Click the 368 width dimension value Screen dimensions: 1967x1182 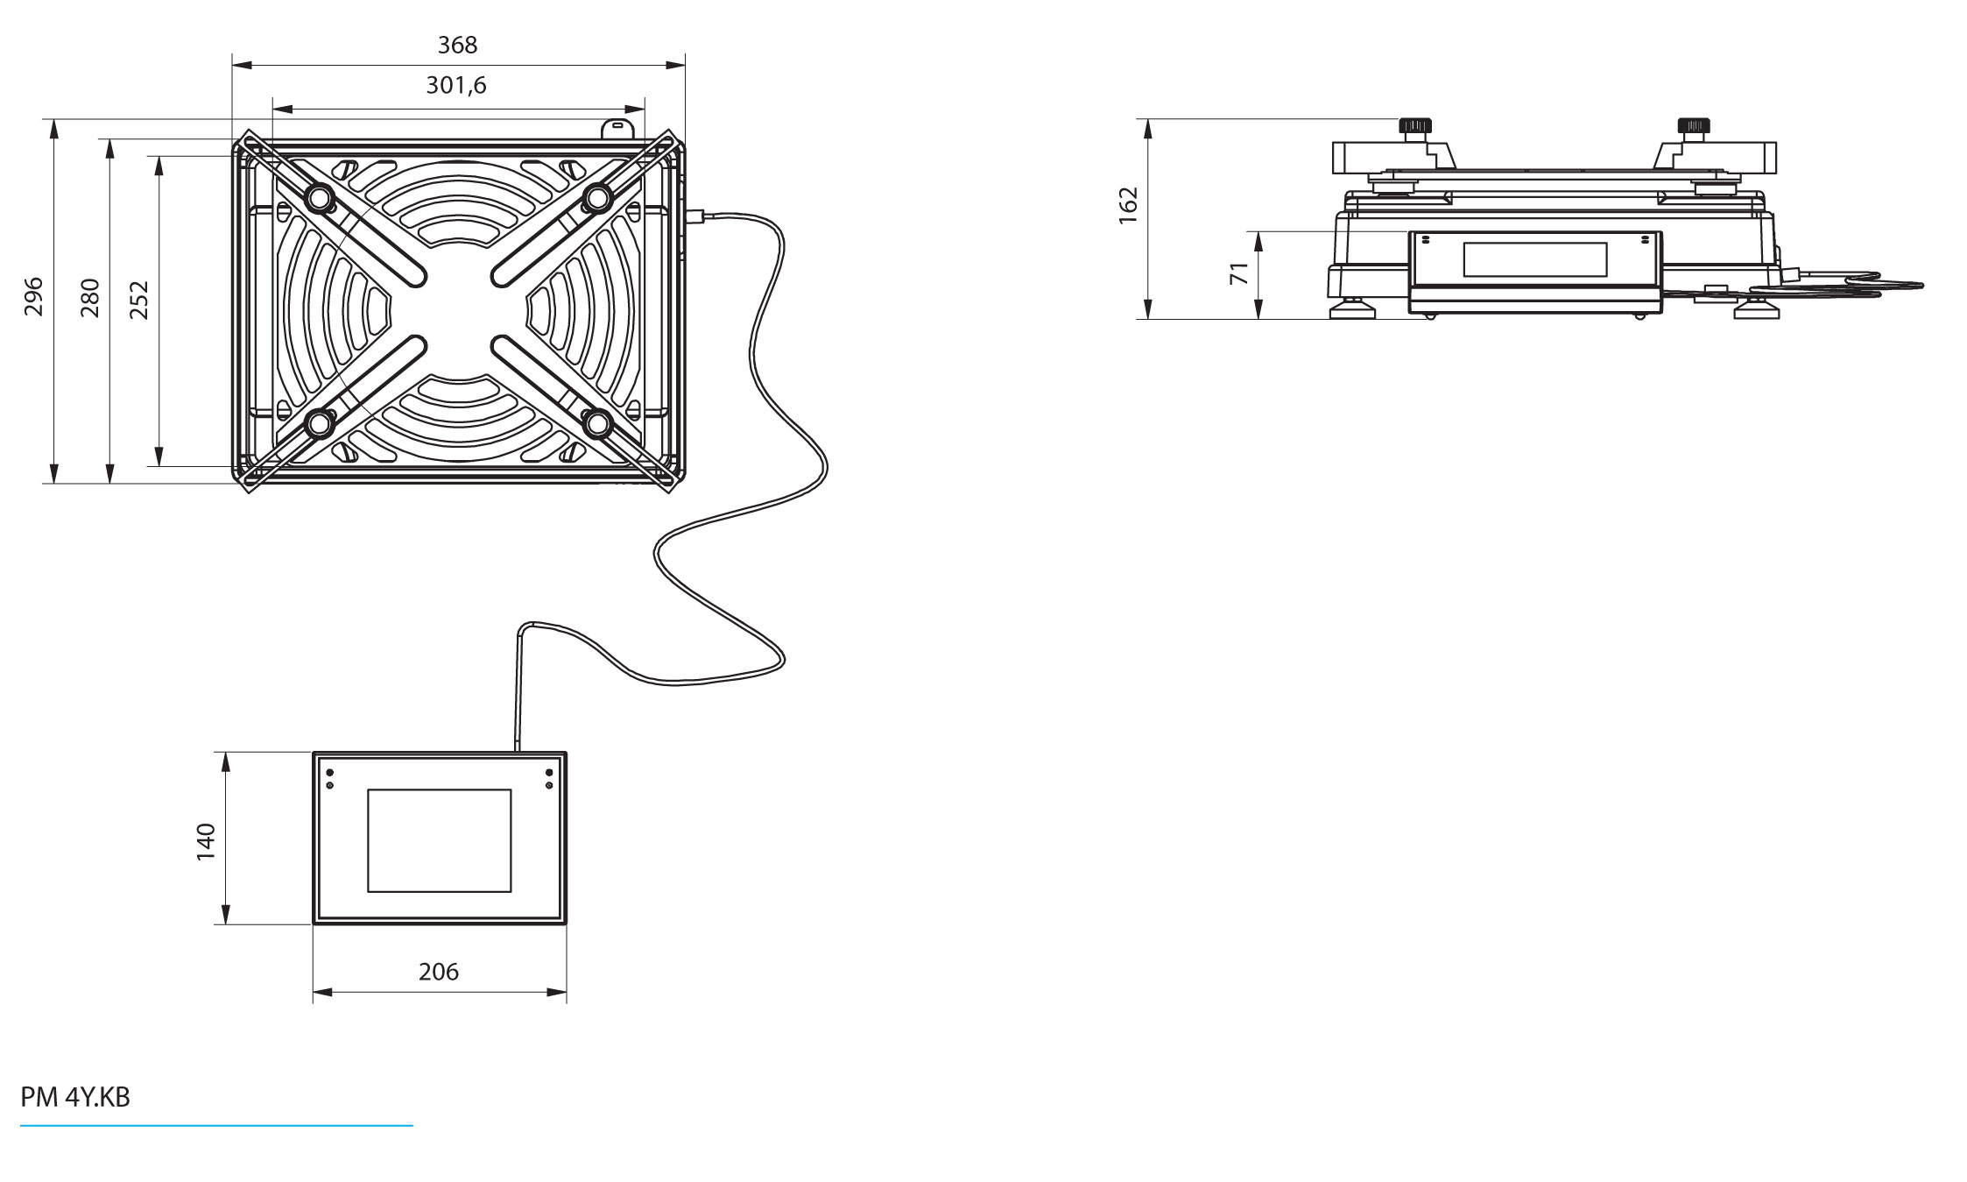pos(457,45)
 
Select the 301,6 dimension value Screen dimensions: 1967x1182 pos(456,86)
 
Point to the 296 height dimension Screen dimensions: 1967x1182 pos(33,296)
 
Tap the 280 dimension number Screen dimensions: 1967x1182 pos(89,297)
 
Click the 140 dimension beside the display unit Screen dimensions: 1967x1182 pos(205,841)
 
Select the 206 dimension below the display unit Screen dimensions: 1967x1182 pos(439,972)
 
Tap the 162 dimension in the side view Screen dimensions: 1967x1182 pos(1129,206)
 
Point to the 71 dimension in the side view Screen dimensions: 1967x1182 pos(1239,273)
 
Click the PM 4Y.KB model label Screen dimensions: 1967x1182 pos(75,1098)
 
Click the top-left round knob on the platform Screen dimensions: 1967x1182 pos(319,200)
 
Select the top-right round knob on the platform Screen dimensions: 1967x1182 pos(597,198)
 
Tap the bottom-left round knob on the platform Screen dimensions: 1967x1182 pos(319,424)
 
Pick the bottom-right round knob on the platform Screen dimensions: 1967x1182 pos(598,424)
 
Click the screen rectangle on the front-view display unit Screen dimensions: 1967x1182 pos(439,840)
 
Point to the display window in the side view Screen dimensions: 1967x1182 pos(1535,259)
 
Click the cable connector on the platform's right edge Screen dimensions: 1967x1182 pos(697,216)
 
